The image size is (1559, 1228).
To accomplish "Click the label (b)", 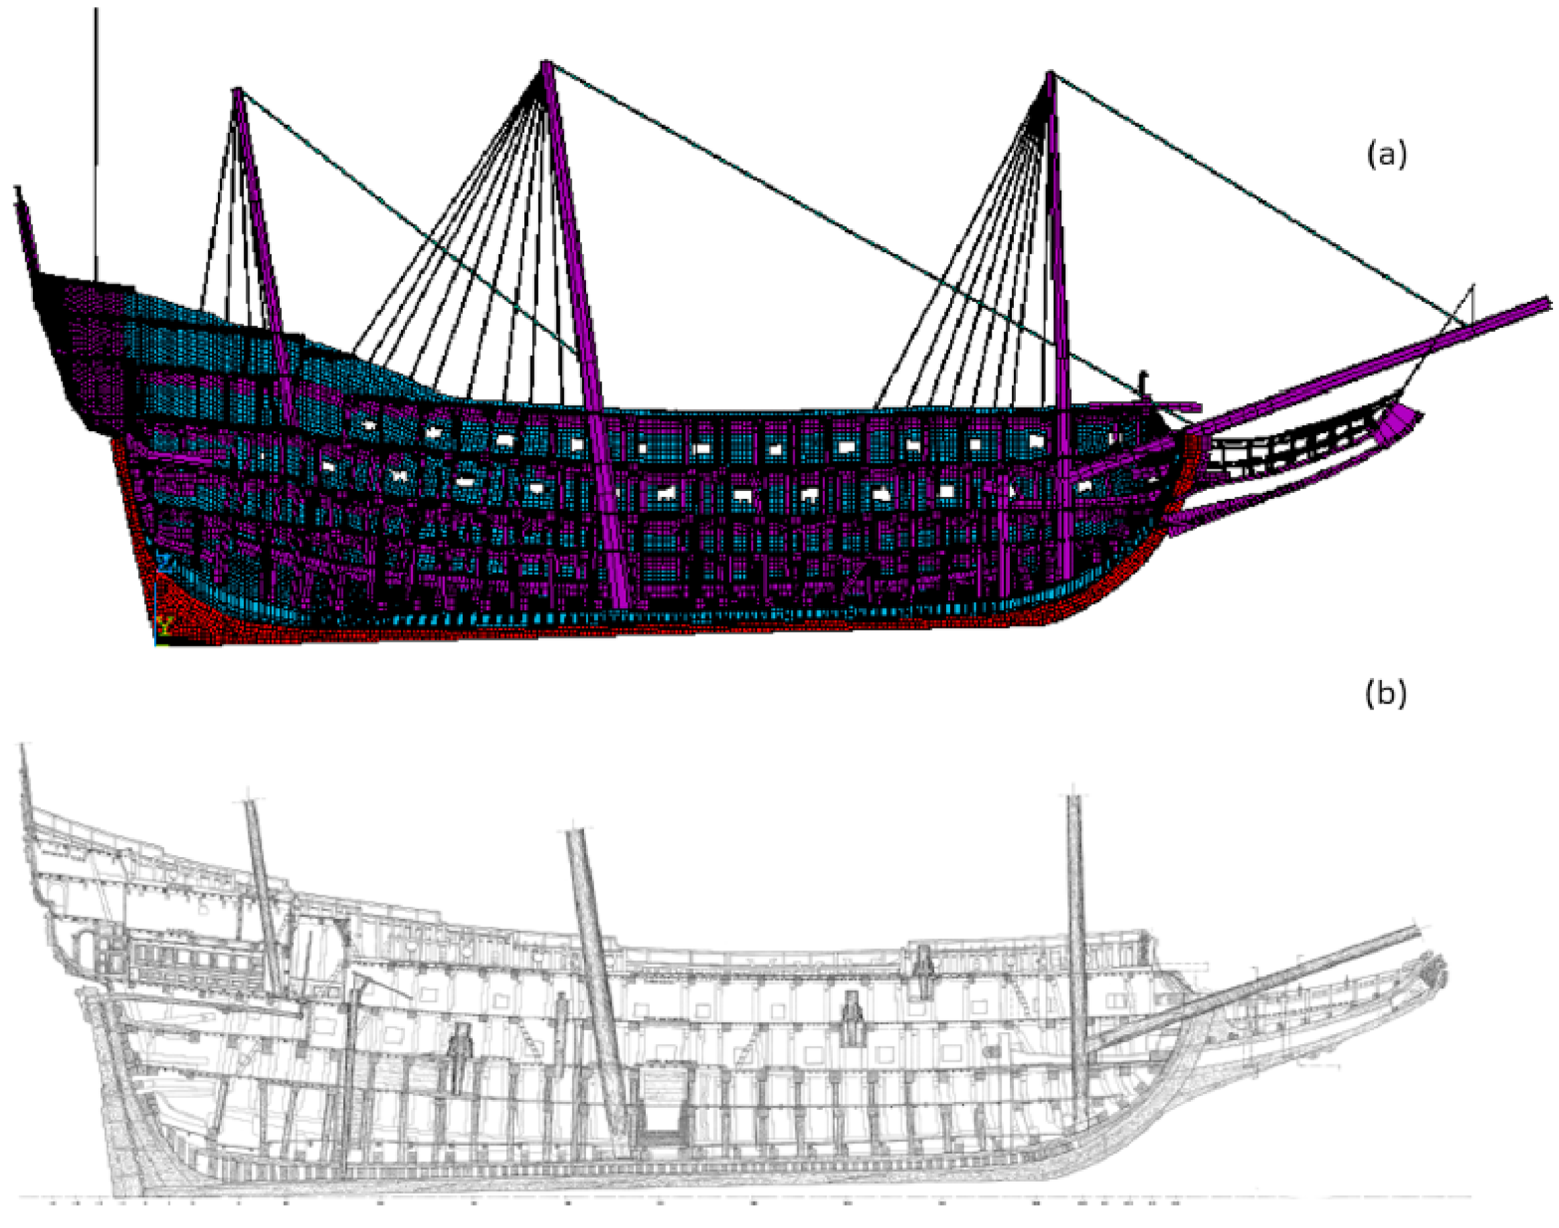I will [1385, 693].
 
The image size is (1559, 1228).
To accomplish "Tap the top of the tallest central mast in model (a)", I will [546, 64].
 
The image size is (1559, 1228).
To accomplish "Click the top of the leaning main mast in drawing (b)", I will [575, 834].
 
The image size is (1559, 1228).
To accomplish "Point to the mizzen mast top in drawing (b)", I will [250, 804].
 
